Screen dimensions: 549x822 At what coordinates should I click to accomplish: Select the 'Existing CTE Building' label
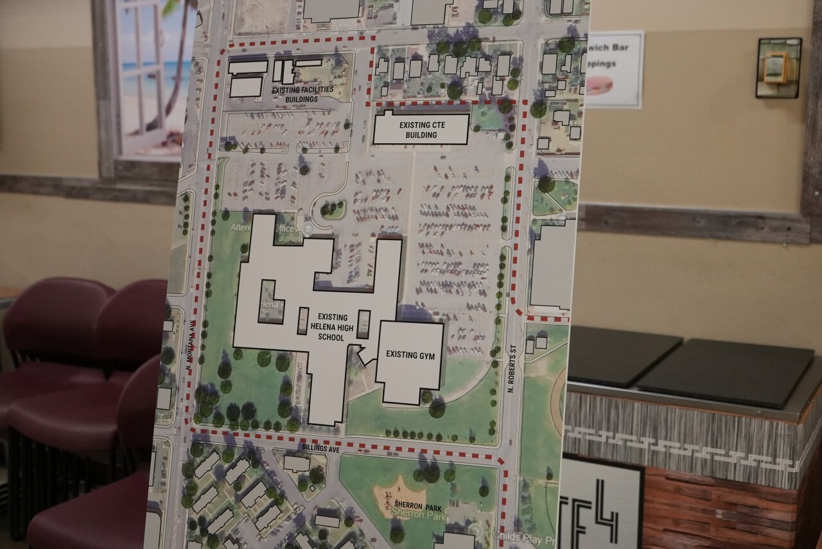(421, 129)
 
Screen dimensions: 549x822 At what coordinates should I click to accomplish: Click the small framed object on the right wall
(778, 67)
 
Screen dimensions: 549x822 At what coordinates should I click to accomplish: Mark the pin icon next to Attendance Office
(308, 228)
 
